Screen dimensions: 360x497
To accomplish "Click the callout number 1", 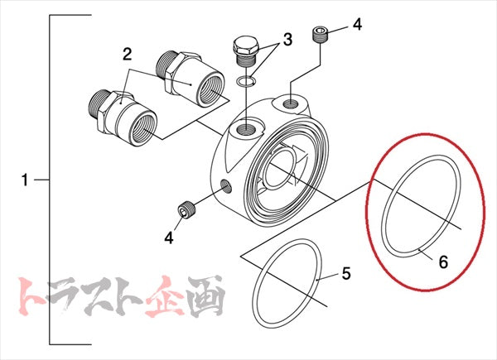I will pyautogui.click(x=25, y=179).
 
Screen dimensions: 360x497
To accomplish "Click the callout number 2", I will pyautogui.click(x=127, y=55).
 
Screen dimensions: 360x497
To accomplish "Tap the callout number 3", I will pyautogui.click(x=287, y=39).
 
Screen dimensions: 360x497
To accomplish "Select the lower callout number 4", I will pyautogui.click(x=168, y=238).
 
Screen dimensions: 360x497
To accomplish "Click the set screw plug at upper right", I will pyautogui.click(x=321, y=35).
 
